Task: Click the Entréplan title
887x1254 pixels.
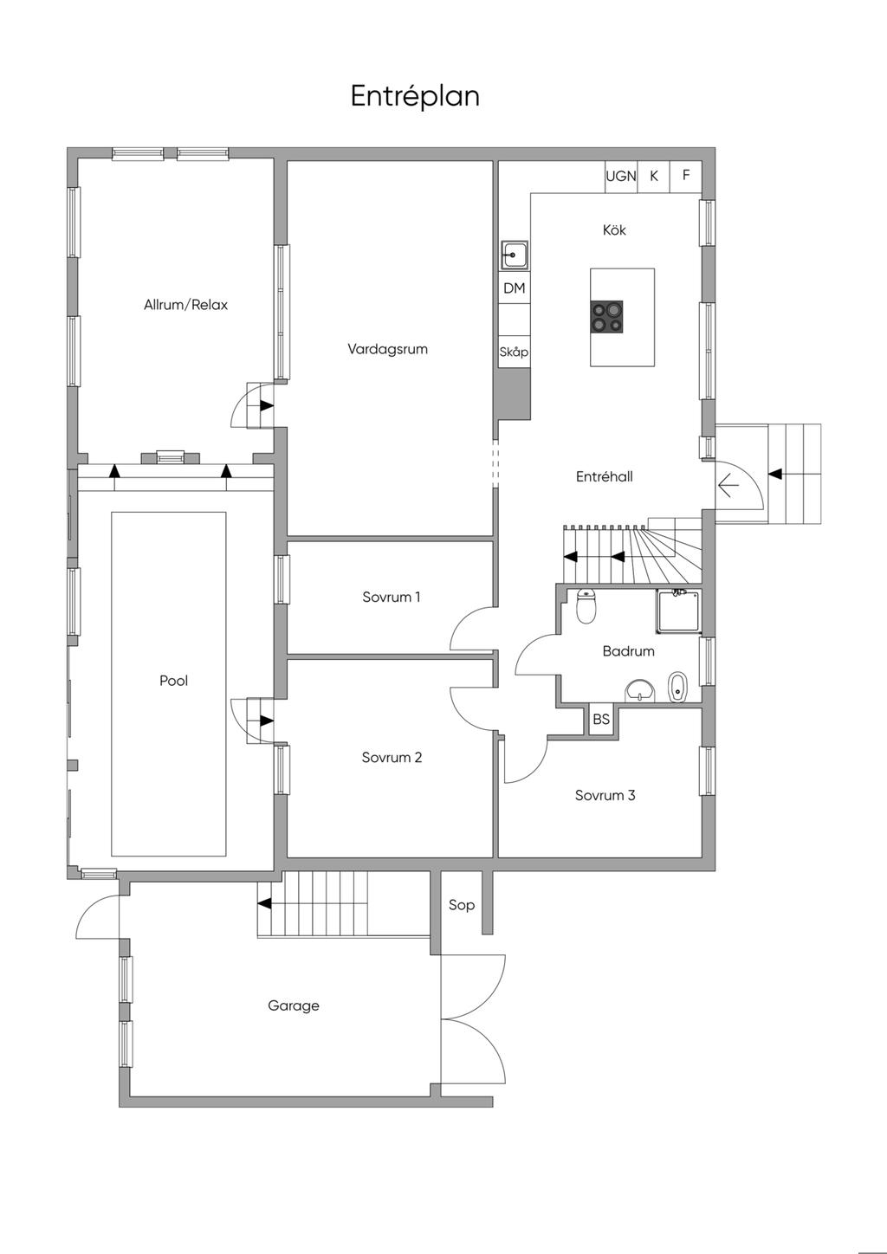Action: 415,96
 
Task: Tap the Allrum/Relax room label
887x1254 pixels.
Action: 186,305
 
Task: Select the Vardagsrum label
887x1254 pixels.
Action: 387,349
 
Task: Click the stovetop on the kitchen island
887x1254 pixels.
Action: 607,317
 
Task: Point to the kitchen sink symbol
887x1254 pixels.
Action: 514,255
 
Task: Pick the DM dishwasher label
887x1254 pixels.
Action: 514,288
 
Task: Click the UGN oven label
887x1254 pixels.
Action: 621,177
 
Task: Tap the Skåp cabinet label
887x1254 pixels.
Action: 514,352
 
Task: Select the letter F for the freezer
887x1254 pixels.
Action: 686,175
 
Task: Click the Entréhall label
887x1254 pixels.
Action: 605,477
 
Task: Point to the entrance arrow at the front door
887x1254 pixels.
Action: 728,485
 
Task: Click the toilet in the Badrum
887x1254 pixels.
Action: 586,606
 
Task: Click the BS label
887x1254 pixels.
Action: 601,719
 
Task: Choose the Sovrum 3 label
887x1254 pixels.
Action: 605,796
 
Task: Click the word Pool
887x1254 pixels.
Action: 173,681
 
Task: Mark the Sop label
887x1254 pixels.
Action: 462,905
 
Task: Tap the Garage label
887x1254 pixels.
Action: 294,1006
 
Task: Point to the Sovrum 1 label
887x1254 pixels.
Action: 391,598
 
